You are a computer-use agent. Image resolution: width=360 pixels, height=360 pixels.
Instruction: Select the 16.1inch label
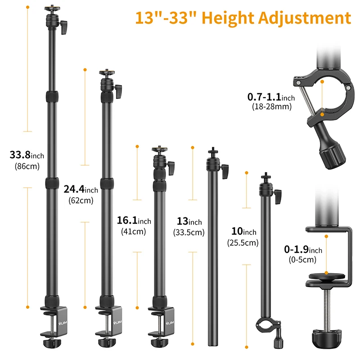134,221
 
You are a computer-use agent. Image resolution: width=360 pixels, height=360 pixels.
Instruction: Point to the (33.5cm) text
189,233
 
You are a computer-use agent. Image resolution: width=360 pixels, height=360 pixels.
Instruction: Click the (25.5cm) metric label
243,243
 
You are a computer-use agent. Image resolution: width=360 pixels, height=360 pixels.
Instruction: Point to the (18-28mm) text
271,107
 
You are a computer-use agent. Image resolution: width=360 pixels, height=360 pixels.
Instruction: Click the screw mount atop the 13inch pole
211,152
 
